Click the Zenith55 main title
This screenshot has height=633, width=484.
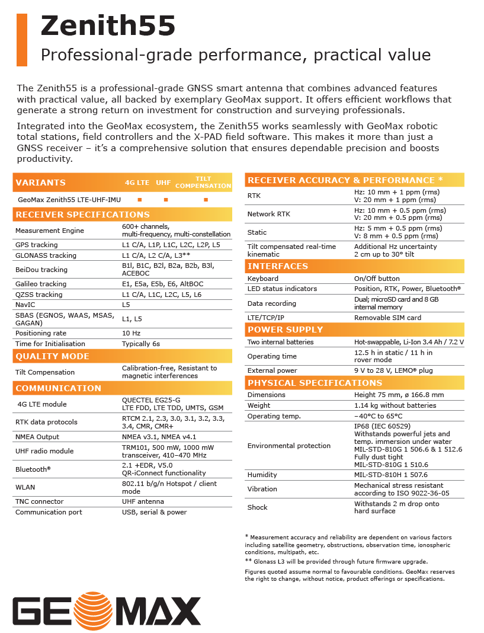[108, 27]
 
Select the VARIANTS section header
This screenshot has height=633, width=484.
[41, 183]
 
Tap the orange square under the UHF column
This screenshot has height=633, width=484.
[166, 200]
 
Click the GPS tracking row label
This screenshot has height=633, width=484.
[37, 245]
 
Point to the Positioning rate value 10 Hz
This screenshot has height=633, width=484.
[131, 333]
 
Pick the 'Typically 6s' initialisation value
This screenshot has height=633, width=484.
[141, 344]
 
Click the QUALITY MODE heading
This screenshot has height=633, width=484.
[53, 356]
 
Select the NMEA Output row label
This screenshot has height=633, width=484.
[37, 437]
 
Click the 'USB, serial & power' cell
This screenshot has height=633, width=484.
[154, 512]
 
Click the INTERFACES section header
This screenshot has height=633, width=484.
[278, 266]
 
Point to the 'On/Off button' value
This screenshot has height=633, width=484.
[377, 279]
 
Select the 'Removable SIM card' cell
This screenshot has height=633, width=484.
[387, 318]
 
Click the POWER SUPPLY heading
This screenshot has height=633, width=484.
[286, 330]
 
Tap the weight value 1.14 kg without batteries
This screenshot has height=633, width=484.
[395, 405]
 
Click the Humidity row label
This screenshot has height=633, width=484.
[262, 475]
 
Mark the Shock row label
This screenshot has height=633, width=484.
[258, 507]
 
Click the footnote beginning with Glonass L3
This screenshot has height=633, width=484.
[336, 561]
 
